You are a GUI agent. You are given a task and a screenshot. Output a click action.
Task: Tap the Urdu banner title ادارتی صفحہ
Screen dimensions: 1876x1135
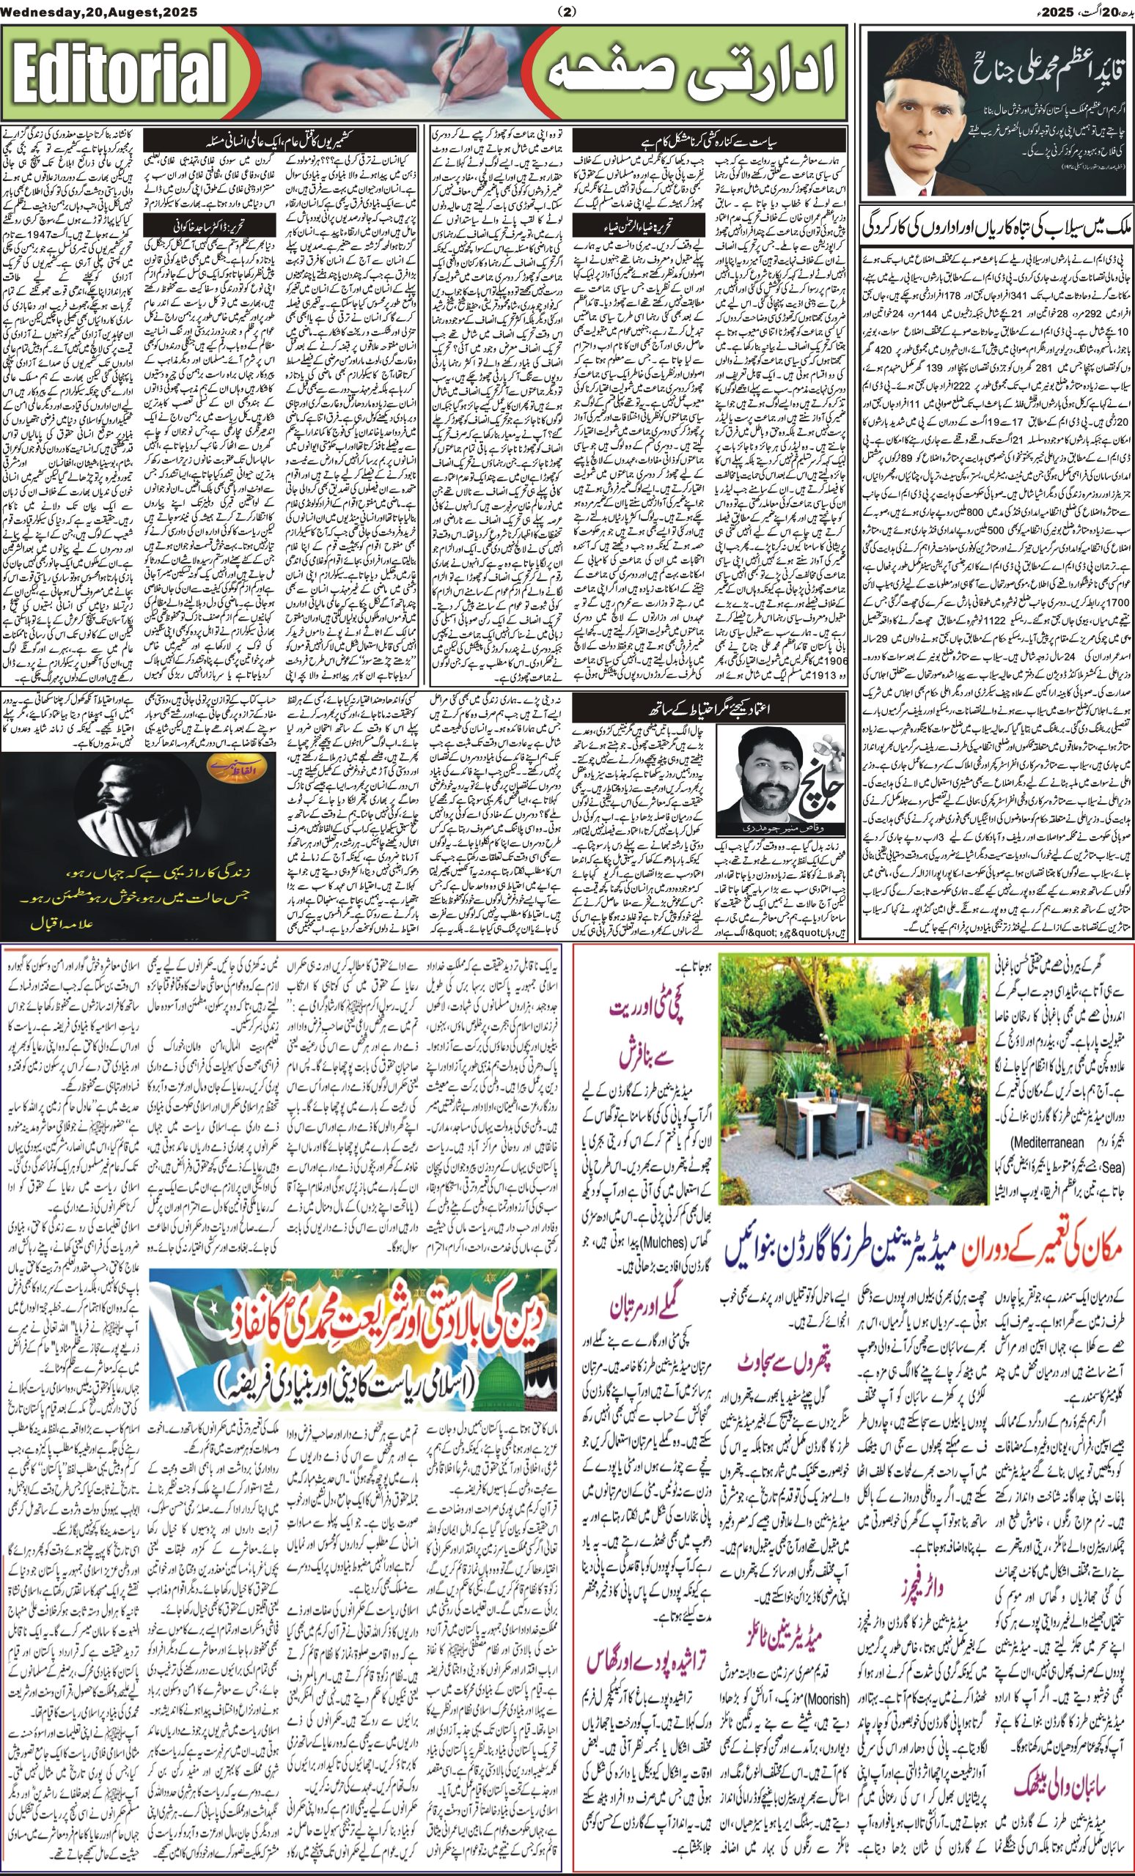[686, 75]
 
